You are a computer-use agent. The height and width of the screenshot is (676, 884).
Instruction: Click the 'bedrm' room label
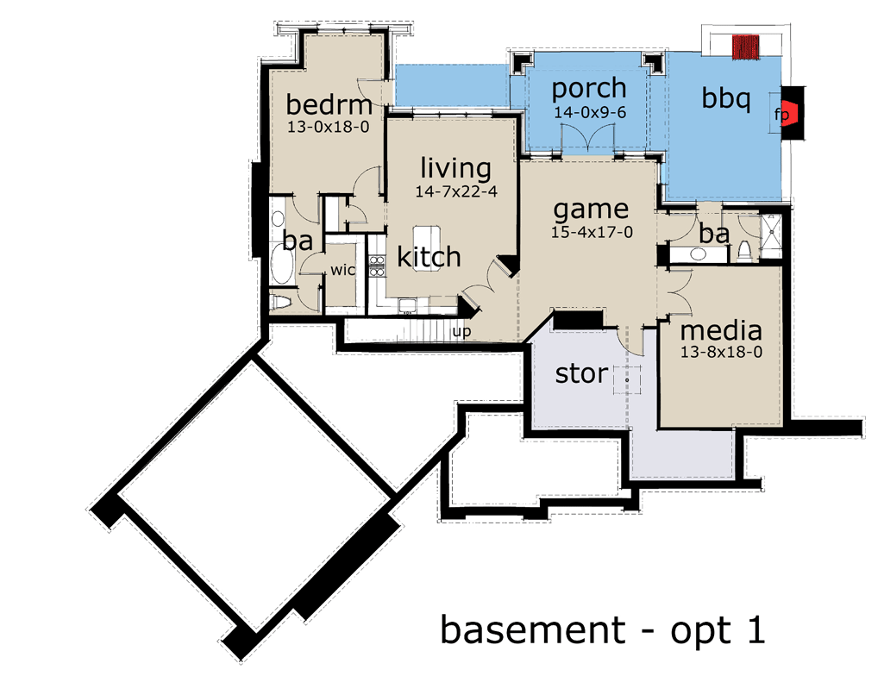click(x=329, y=105)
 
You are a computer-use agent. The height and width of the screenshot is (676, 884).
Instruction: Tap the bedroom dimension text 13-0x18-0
click(x=329, y=126)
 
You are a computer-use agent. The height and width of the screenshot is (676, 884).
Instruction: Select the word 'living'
click(x=455, y=168)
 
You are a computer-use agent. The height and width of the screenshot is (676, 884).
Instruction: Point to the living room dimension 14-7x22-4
click(x=455, y=191)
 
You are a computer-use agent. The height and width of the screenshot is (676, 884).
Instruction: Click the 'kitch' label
click(x=429, y=256)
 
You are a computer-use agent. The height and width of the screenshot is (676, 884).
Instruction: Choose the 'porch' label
click(x=589, y=88)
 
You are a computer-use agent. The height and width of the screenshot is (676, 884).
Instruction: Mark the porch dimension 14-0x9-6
click(x=589, y=112)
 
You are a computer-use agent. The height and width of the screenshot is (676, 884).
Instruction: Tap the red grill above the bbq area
click(x=745, y=47)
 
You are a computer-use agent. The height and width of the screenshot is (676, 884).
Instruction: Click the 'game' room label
click(x=591, y=209)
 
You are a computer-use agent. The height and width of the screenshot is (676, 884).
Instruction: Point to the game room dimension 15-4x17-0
click(x=591, y=232)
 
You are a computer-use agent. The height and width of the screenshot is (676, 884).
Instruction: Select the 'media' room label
click(x=721, y=330)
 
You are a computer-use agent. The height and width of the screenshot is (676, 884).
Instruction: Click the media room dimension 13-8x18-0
click(x=721, y=352)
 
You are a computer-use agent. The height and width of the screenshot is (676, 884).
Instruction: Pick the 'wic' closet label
click(x=342, y=270)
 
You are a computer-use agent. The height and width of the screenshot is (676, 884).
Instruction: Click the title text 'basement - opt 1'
click(x=603, y=629)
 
